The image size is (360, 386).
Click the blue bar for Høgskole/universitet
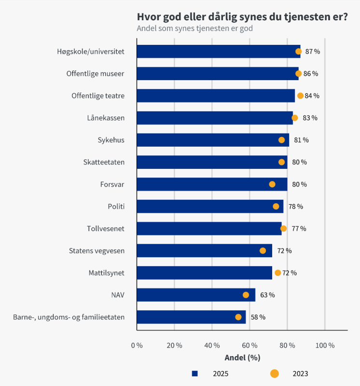(x=219, y=52)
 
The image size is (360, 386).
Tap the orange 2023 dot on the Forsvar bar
(x=272, y=184)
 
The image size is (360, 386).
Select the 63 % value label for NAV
(x=267, y=295)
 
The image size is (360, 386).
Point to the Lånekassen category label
(x=106, y=118)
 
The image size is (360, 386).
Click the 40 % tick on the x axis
(x=212, y=345)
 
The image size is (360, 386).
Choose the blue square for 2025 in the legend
(x=195, y=373)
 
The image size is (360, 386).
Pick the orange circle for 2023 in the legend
(x=274, y=373)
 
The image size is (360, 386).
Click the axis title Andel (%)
(x=242, y=358)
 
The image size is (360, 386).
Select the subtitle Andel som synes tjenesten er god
(x=195, y=28)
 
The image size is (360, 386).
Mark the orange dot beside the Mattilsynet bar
(x=278, y=273)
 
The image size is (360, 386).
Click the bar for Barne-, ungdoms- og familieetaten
(x=191, y=317)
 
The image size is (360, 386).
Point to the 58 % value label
(x=258, y=317)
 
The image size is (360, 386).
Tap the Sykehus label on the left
(x=111, y=140)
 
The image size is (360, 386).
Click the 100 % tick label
(x=325, y=345)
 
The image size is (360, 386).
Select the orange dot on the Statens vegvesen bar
(x=263, y=250)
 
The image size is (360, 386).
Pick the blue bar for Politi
(x=210, y=207)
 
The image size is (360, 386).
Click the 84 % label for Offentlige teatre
(x=312, y=96)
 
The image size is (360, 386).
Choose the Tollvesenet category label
(x=106, y=229)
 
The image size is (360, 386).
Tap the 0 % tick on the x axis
(x=137, y=345)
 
